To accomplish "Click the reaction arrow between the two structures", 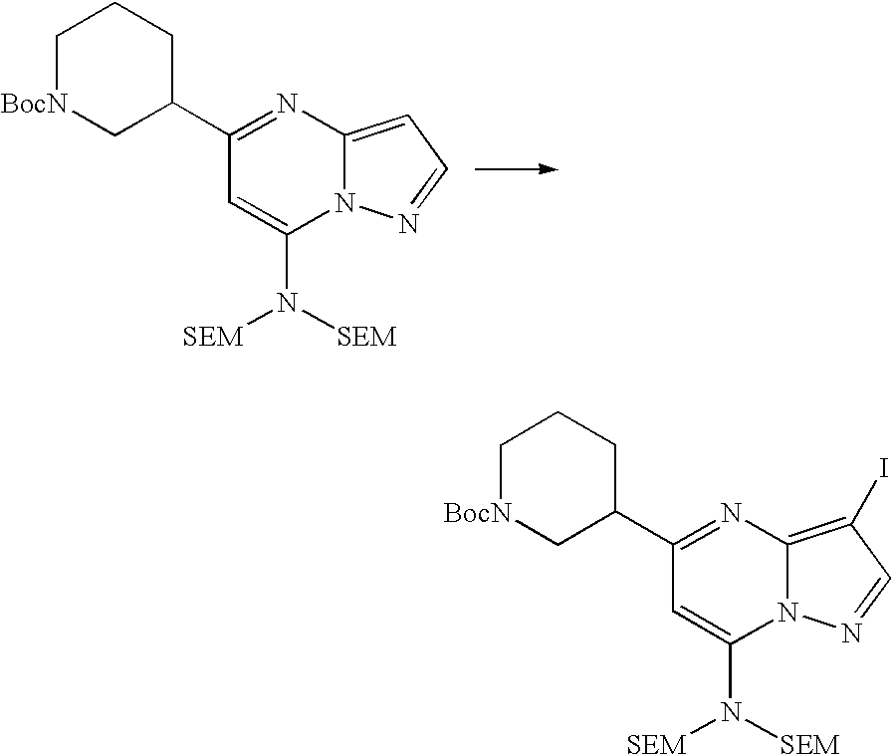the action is (514, 169).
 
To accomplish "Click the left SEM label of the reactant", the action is (212, 337).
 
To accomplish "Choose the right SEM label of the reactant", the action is (366, 337).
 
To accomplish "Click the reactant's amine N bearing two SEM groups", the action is (288, 300).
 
